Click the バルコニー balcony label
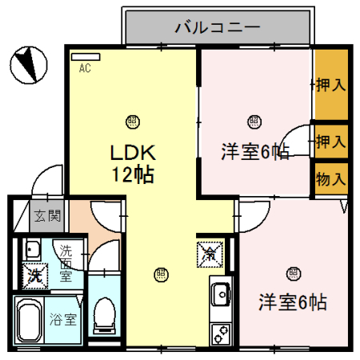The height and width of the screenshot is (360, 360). pyautogui.click(x=218, y=29)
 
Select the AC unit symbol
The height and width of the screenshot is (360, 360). pyautogui.click(x=85, y=57)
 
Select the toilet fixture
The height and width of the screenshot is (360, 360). pyautogui.click(x=104, y=314)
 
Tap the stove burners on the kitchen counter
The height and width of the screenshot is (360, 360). pyautogui.click(x=219, y=331)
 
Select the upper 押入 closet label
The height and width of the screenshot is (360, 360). pyautogui.click(x=330, y=83)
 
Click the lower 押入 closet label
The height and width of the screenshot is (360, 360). pyautogui.click(x=330, y=142)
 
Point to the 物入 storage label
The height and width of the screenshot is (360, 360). pyautogui.click(x=330, y=178)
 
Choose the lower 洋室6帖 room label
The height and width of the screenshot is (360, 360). pyautogui.click(x=292, y=302)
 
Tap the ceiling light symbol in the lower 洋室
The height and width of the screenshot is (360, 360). pyautogui.click(x=293, y=274)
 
